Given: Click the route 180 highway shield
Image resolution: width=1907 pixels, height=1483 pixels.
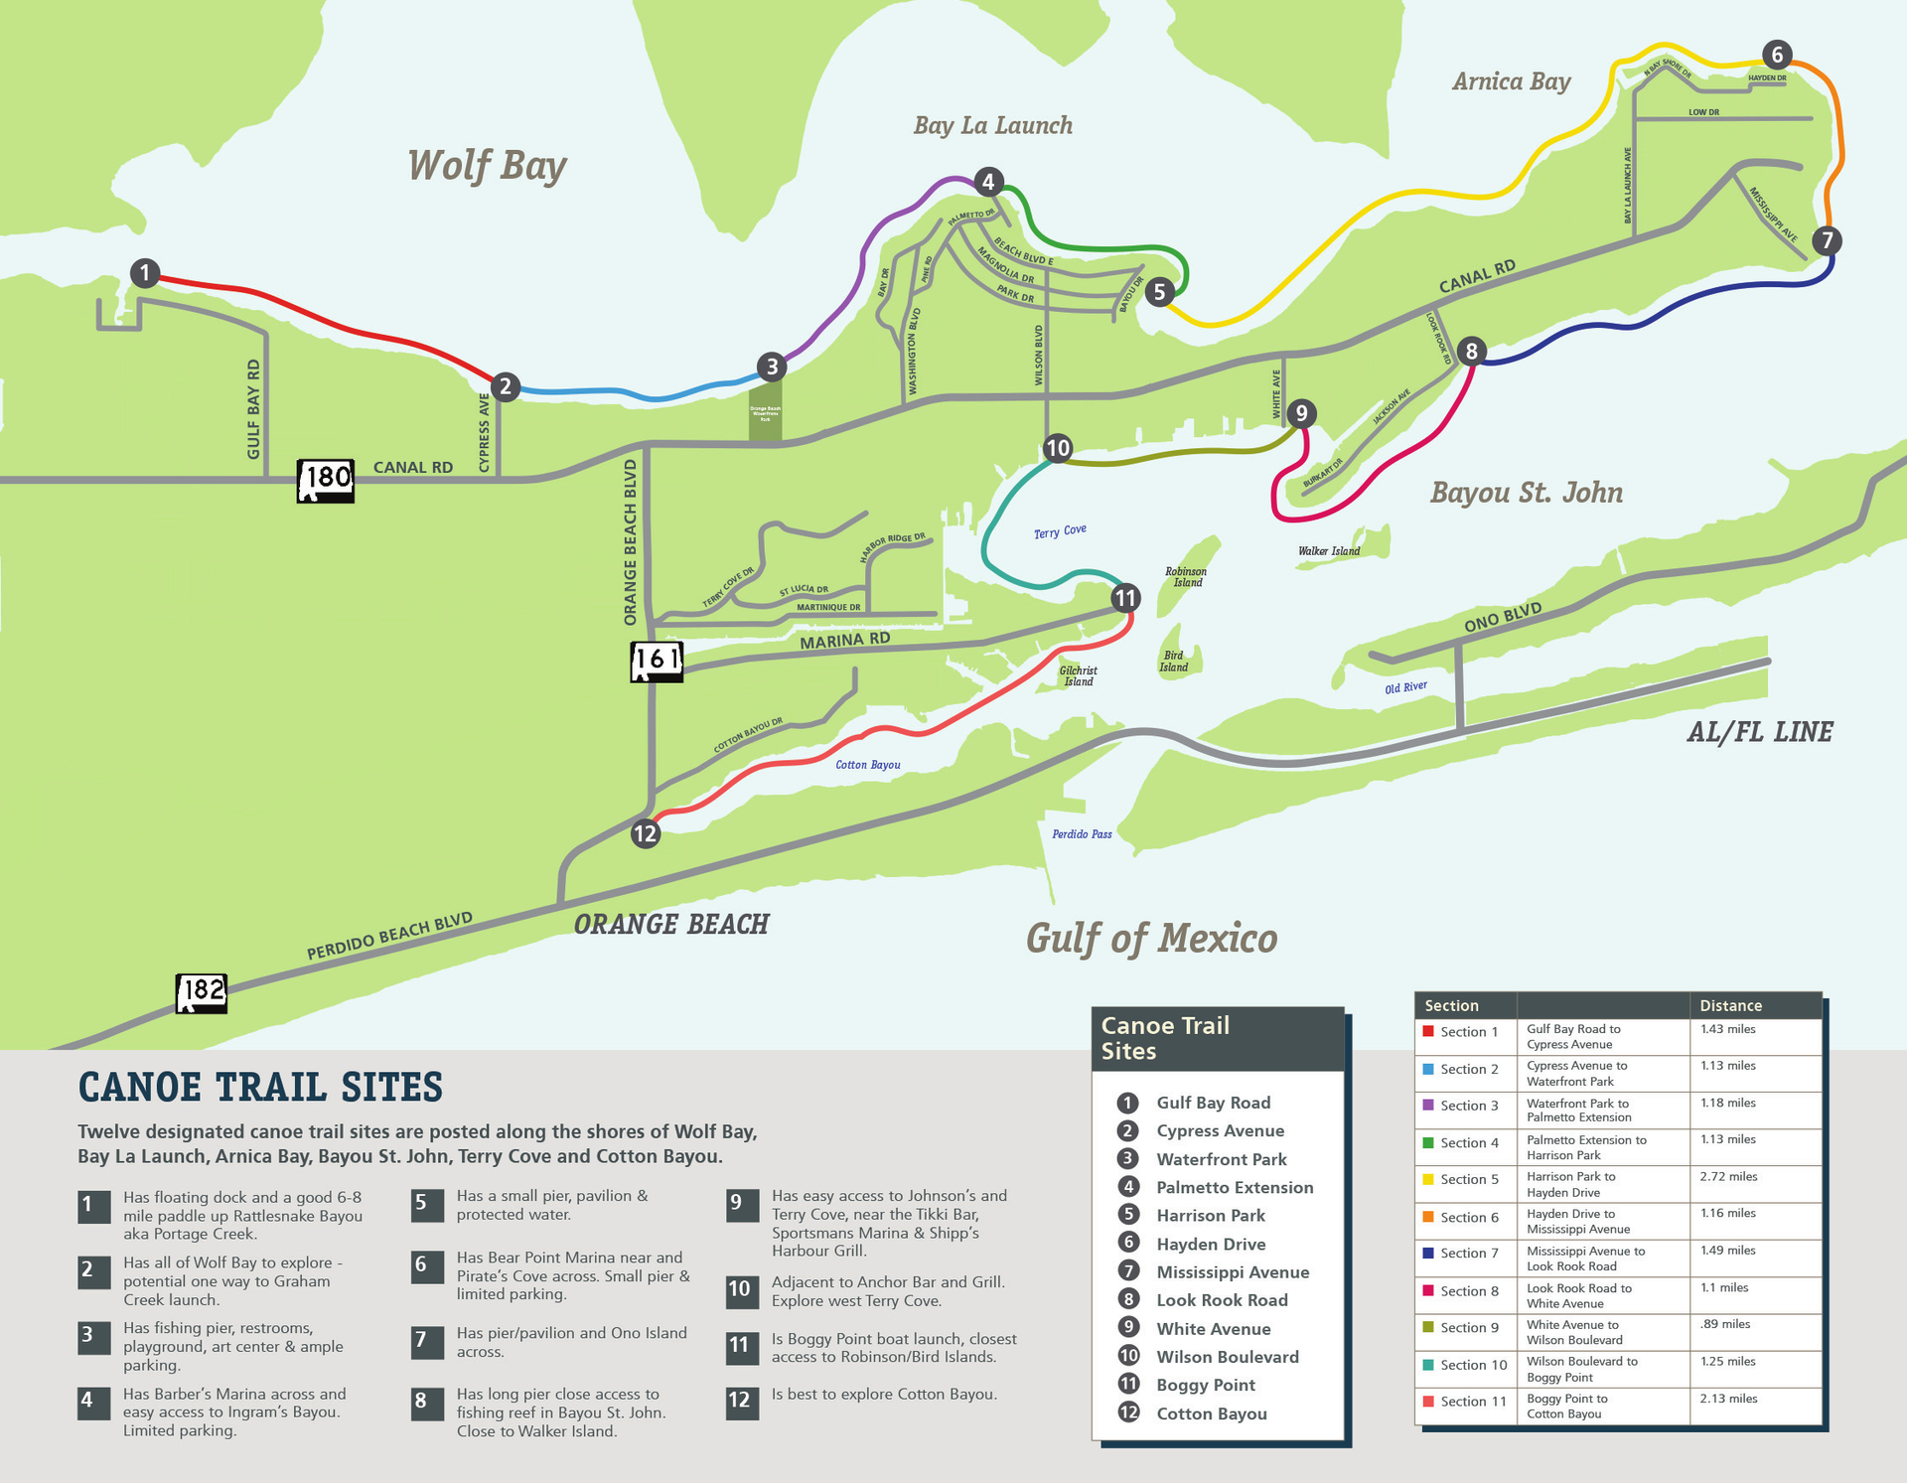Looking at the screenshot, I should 326,480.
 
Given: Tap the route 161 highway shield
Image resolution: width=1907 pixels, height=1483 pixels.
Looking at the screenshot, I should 657,661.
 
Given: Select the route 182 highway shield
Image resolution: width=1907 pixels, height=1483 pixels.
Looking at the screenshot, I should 202,991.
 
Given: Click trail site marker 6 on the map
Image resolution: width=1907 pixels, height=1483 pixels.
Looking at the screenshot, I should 1777,55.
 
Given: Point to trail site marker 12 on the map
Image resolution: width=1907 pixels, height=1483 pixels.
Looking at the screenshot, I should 646,833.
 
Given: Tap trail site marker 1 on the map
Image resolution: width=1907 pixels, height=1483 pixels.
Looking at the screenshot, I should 145,273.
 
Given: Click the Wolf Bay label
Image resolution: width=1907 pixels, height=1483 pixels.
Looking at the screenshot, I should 487,166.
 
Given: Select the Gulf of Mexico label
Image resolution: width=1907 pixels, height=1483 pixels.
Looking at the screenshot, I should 1151,938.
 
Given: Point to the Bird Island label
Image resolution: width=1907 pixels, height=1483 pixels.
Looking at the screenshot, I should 1173,662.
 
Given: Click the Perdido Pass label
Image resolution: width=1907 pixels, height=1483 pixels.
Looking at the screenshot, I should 1082,834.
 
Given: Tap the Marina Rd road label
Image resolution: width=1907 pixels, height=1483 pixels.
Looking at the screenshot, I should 844,641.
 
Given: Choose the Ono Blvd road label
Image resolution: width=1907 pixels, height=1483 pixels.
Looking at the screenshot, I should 1503,617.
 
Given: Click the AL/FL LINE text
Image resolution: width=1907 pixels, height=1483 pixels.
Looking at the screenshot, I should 1759,733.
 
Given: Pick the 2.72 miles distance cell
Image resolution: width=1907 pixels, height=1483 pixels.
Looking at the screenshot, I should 1728,1177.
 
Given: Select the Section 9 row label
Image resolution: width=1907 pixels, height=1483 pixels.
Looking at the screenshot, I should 1469,1328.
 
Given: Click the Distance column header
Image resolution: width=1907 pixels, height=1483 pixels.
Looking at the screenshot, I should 1730,1005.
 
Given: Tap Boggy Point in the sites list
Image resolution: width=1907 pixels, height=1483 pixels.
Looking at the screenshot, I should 1206,1385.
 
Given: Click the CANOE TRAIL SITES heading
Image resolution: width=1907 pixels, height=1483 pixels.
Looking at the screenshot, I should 260,1088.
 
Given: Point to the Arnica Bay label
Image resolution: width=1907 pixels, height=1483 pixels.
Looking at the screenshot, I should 1511,81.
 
